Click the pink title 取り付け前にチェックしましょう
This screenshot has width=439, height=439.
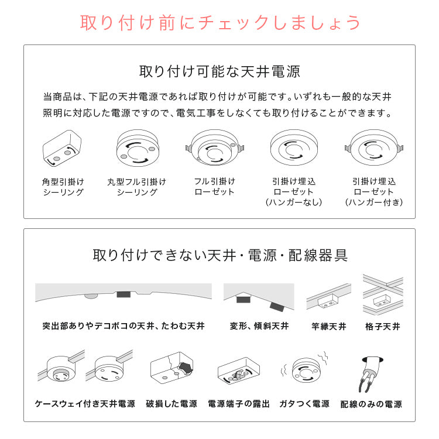click(x=220, y=22)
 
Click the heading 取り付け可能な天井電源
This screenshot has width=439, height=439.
click(x=220, y=72)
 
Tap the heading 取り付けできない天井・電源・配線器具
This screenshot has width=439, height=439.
click(x=220, y=256)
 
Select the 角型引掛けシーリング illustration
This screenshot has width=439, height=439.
click(x=62, y=148)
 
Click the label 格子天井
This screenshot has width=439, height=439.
click(x=382, y=326)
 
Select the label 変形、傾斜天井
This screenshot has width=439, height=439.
click(x=258, y=326)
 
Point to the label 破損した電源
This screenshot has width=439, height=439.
click(x=172, y=404)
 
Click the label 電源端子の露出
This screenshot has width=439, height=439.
click(x=239, y=404)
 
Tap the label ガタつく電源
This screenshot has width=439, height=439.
click(x=304, y=404)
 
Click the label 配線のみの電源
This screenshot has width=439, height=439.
click(x=371, y=404)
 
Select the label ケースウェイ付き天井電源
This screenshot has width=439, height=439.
click(x=85, y=404)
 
